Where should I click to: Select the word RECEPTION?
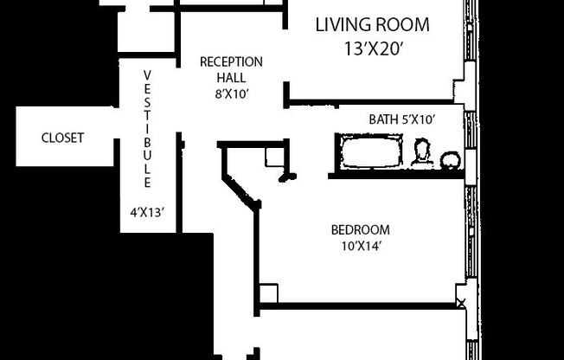click(231, 61)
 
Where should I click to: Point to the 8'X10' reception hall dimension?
click(231, 93)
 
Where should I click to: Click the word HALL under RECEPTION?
click(231, 77)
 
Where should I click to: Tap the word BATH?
click(383, 119)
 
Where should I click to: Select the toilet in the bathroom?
click(421, 153)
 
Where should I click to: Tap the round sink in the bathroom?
click(450, 160)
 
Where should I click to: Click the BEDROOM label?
click(360, 230)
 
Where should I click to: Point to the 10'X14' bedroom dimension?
click(360, 245)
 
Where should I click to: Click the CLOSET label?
click(63, 138)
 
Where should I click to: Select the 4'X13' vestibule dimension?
click(147, 209)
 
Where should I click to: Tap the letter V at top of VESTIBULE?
click(147, 74)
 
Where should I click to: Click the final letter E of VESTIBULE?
click(147, 183)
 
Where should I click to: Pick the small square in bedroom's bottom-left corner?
click(268, 292)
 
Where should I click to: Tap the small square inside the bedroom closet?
click(275, 157)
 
